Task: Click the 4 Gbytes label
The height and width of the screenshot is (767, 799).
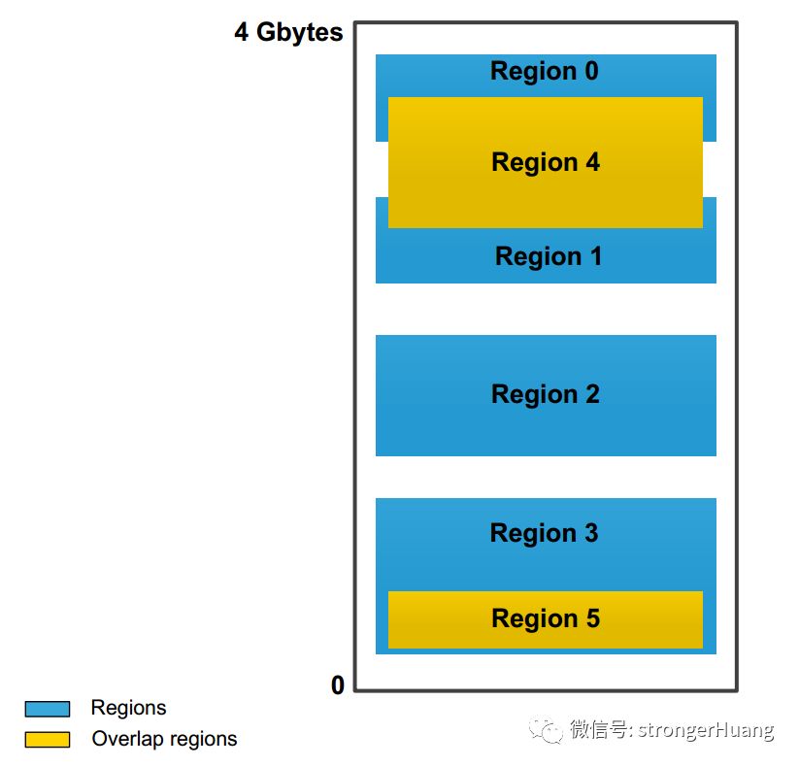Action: (x=288, y=33)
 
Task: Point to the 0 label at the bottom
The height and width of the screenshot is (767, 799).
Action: (x=337, y=685)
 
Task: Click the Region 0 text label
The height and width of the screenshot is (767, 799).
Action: (x=544, y=72)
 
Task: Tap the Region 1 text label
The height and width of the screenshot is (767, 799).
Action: (x=549, y=256)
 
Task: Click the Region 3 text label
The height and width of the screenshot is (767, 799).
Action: (x=544, y=533)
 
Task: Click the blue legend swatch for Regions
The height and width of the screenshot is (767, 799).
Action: (x=47, y=709)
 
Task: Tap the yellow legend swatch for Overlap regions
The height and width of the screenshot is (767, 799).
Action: (x=47, y=740)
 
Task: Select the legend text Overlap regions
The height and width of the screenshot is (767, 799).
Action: (x=164, y=739)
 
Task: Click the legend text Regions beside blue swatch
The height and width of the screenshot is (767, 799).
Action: (x=128, y=708)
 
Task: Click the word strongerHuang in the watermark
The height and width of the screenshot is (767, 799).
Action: (x=706, y=729)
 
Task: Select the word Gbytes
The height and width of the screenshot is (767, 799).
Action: (x=300, y=33)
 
